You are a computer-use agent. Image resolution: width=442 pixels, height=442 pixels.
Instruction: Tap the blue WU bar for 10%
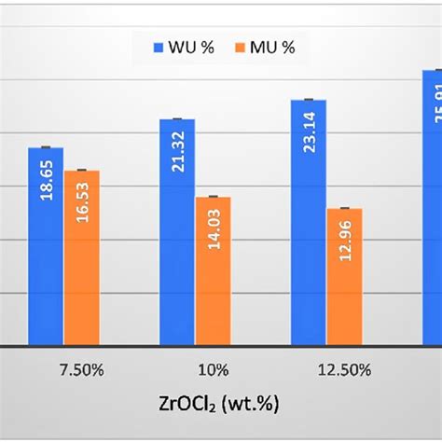pos(177,232)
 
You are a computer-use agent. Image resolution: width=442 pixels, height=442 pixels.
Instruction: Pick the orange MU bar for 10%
pos(213,270)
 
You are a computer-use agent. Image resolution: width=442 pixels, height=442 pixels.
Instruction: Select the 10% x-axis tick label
pos(195,369)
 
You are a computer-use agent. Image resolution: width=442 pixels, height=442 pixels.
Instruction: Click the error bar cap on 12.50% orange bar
pos(344,208)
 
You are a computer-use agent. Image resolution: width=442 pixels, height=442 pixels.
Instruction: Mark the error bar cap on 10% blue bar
pos(177,119)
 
